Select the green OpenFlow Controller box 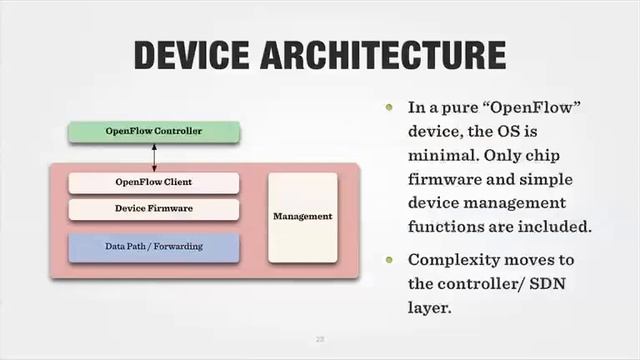coord(154,131)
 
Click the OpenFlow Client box coord(154,182)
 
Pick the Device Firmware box coord(154,208)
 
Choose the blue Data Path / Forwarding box coord(154,246)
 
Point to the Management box coord(302,217)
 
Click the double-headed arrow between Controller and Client coord(154,157)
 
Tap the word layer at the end coord(430,308)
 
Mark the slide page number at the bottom coord(321,339)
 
